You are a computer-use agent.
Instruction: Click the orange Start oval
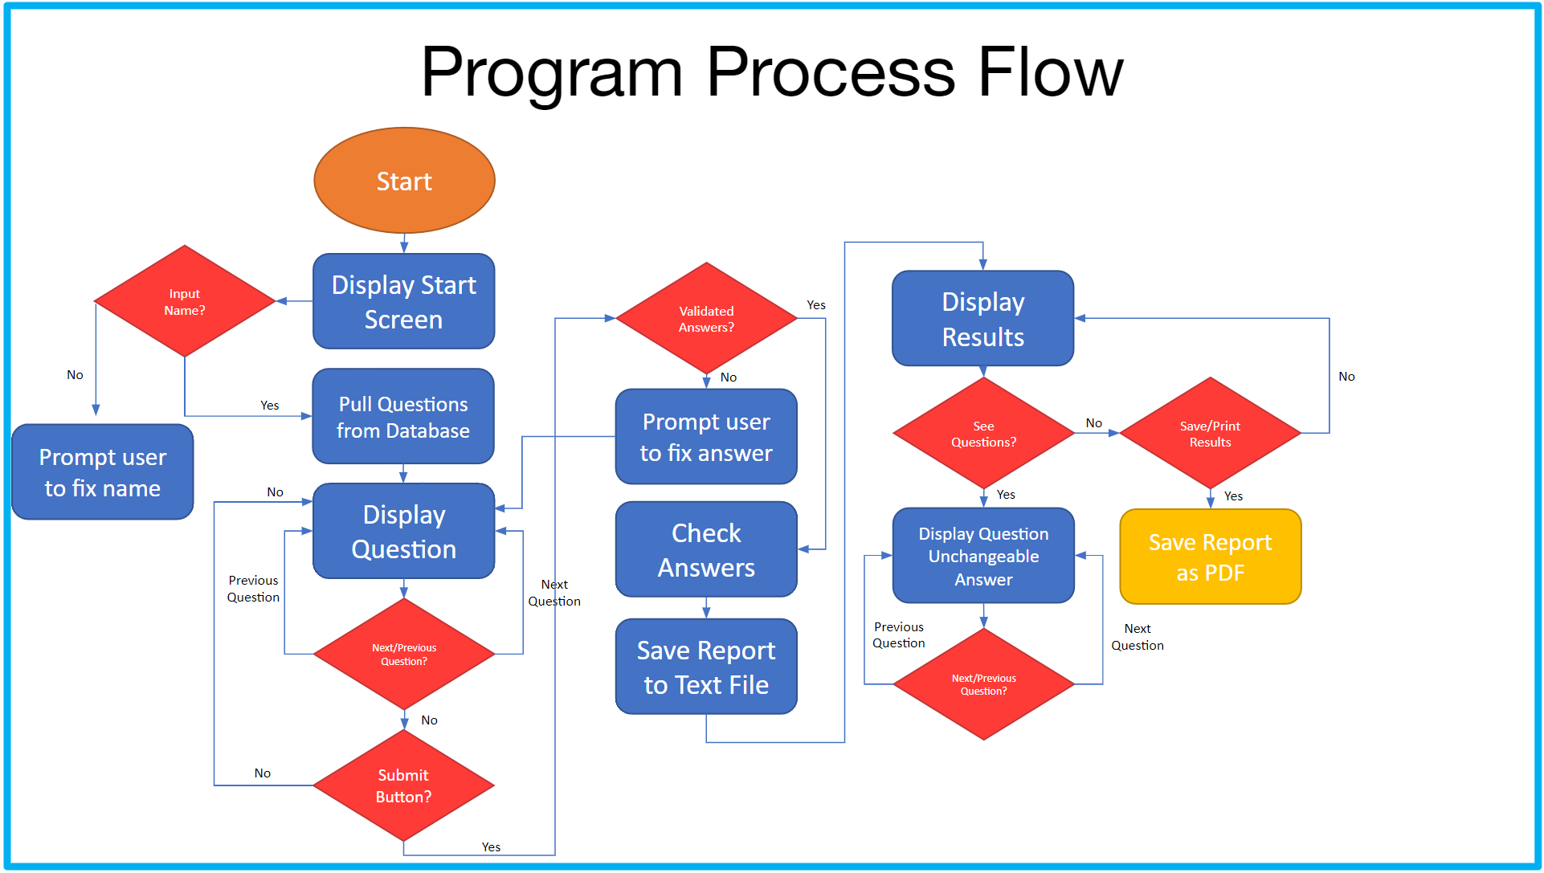[404, 181]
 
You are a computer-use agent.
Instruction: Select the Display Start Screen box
[403, 301]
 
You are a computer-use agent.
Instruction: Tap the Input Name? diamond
[185, 301]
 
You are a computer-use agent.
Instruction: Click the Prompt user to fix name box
[103, 472]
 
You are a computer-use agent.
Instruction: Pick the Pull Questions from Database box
[403, 417]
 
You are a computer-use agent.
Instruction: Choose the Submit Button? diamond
[403, 785]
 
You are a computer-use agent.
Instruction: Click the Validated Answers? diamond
[706, 319]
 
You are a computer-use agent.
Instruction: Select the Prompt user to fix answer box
[706, 437]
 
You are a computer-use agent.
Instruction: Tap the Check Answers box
[706, 550]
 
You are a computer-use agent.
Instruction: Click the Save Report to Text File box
[706, 667]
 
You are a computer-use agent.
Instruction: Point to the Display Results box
[982, 319]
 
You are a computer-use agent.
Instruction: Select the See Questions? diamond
[983, 434]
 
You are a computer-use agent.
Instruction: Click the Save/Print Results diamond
[1210, 434]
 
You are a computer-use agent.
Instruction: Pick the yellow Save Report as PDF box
[1210, 557]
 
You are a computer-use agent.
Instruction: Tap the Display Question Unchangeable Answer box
[983, 556]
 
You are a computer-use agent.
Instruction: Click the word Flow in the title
[1050, 72]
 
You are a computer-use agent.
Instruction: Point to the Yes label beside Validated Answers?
[816, 305]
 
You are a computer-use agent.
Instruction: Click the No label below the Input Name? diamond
[75, 375]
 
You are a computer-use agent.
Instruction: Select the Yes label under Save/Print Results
[1233, 496]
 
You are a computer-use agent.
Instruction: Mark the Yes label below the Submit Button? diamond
[491, 847]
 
